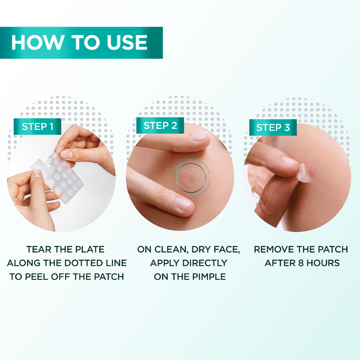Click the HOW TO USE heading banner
pyautogui.click(x=81, y=43)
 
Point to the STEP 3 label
pyautogui.click(x=273, y=127)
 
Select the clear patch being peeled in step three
pyautogui.click(x=304, y=171)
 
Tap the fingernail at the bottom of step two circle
pyautogui.click(x=183, y=203)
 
